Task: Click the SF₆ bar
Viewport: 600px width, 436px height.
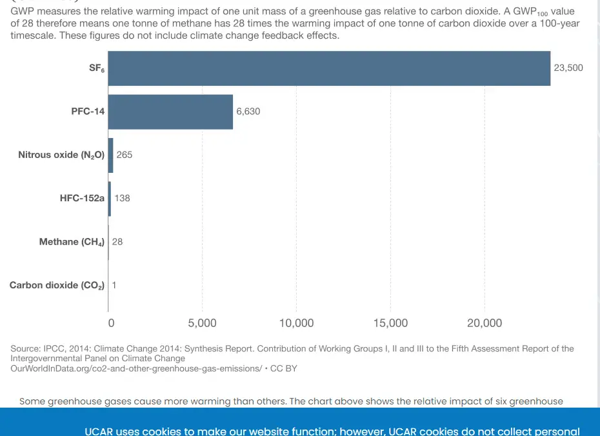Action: point(329,68)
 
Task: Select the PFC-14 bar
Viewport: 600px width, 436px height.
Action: point(170,112)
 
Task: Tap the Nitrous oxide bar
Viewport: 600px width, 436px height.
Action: point(110,155)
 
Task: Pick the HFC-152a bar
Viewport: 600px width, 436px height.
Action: point(110,198)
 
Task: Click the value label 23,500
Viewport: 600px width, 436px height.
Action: point(568,68)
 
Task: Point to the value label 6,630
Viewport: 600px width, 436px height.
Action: point(248,112)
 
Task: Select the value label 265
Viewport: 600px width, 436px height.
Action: point(125,155)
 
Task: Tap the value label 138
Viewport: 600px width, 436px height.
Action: point(122,198)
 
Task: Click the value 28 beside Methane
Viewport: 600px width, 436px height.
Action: point(117,242)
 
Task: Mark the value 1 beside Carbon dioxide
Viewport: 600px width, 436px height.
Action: point(114,285)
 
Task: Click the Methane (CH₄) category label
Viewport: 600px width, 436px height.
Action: point(72,242)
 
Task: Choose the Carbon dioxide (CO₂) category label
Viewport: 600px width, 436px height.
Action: point(57,285)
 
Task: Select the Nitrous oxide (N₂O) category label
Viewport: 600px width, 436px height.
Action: point(61,155)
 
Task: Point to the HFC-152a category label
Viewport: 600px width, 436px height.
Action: point(82,198)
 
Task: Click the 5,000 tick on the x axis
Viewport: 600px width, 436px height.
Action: point(202,323)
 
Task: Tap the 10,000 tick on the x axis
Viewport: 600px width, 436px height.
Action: point(296,323)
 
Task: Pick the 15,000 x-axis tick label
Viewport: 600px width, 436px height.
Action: point(390,323)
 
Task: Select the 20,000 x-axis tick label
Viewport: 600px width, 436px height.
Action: point(485,323)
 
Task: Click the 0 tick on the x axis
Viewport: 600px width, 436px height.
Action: point(111,323)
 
